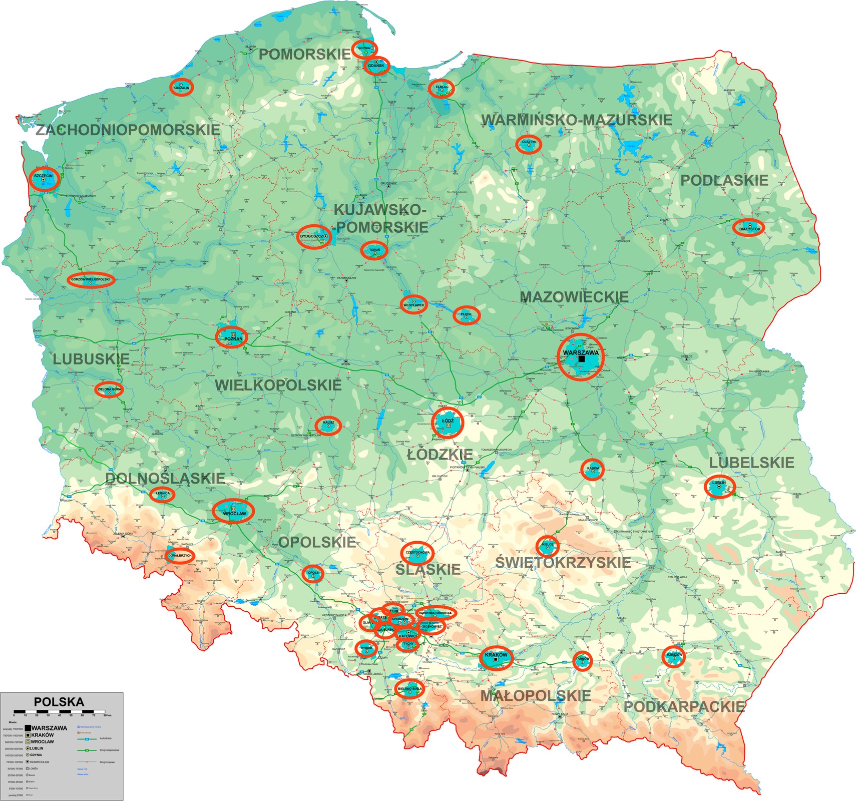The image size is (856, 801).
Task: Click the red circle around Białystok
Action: (748, 228)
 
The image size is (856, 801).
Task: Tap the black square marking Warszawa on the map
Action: (581, 359)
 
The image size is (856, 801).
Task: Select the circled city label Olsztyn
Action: (529, 144)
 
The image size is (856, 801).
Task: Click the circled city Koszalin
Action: (181, 87)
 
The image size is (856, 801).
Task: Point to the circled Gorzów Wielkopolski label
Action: (91, 280)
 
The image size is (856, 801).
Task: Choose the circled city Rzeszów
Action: (674, 656)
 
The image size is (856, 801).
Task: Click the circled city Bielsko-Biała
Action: (410, 689)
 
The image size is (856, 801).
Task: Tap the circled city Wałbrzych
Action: (180, 556)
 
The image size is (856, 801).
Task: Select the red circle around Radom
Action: (593, 470)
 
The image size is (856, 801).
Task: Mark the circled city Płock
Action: (467, 315)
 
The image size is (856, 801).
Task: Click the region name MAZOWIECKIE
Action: (574, 297)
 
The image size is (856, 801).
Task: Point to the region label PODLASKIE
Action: (724, 181)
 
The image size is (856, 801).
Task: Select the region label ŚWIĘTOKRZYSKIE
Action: (563, 562)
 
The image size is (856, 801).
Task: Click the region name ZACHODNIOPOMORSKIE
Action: (128, 130)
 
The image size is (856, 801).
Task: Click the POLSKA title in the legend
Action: (59, 702)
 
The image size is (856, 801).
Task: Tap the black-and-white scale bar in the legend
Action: (59, 711)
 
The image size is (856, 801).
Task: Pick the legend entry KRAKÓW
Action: (43, 735)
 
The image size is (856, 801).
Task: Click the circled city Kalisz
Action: (328, 425)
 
